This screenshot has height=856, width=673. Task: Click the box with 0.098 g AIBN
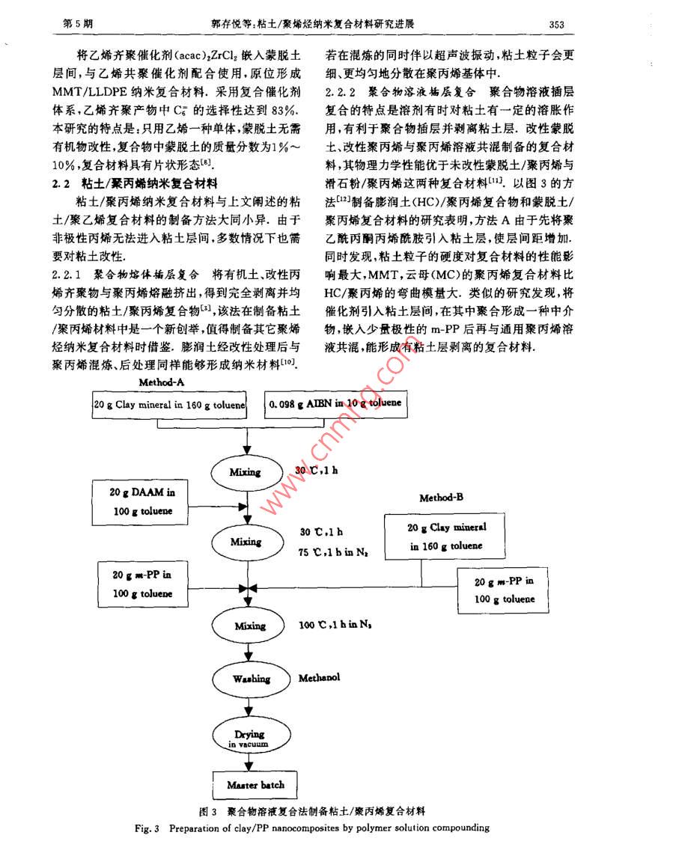click(x=335, y=403)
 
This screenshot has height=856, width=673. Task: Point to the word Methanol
click(x=319, y=678)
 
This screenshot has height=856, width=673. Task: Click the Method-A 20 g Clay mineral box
click(x=169, y=404)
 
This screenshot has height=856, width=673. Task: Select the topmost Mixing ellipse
click(x=246, y=472)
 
